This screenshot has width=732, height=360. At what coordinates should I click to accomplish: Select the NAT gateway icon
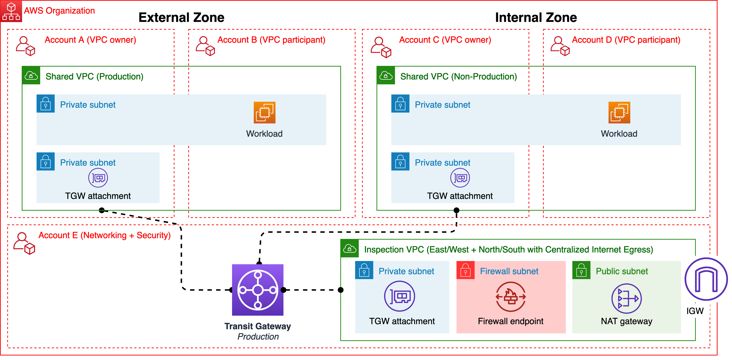tap(626, 298)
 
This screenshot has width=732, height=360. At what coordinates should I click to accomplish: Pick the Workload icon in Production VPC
tap(264, 113)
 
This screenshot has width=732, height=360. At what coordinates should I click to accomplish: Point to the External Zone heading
tap(181, 18)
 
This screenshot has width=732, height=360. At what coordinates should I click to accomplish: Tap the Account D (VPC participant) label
tap(626, 40)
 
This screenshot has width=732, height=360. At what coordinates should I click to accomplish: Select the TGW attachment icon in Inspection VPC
tap(399, 296)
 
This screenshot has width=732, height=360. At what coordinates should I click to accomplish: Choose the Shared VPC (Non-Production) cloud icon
tap(386, 76)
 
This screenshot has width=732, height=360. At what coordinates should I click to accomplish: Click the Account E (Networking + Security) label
tap(104, 235)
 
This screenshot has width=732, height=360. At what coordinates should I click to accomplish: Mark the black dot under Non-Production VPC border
tap(456, 210)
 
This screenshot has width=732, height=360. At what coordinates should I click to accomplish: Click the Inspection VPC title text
tap(508, 249)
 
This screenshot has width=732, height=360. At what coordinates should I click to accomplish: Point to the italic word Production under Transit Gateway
tap(258, 336)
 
